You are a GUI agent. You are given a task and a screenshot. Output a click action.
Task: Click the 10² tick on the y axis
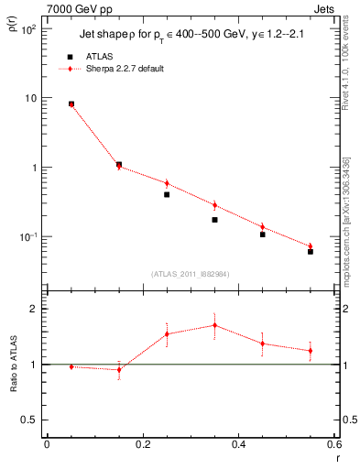(x=27, y=29)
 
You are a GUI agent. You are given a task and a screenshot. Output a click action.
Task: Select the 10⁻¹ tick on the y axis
(x=27, y=236)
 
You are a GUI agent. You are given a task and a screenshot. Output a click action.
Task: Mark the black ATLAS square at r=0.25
(x=167, y=194)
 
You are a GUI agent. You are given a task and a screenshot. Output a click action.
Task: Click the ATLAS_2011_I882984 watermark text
(x=191, y=273)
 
